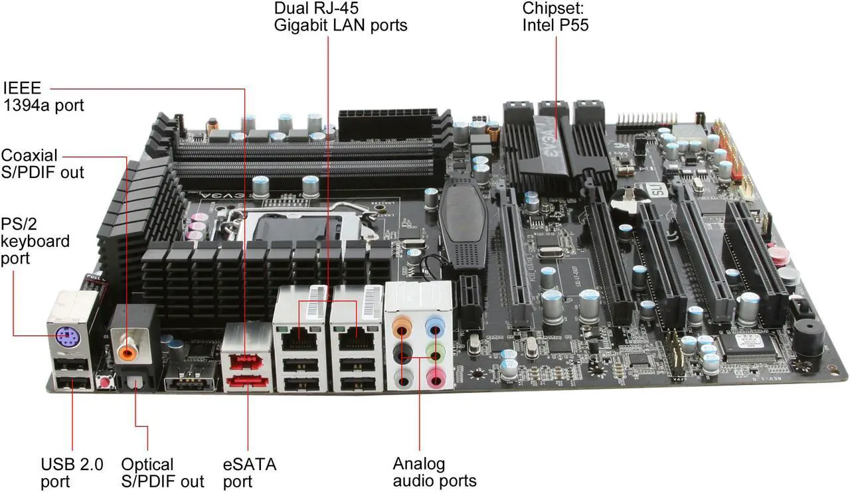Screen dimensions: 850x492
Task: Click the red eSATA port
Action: (x=248, y=381)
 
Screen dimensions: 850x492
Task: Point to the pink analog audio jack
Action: (x=436, y=377)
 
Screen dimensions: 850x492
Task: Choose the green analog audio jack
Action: (x=435, y=353)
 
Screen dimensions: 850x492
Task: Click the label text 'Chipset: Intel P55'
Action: (x=555, y=17)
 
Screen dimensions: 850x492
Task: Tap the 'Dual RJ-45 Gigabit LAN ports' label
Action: (x=341, y=17)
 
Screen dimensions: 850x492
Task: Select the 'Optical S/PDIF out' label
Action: (x=163, y=473)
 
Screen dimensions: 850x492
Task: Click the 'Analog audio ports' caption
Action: (x=434, y=472)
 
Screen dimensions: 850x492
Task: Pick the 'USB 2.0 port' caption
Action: (x=72, y=473)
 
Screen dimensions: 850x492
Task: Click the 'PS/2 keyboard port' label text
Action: (x=35, y=241)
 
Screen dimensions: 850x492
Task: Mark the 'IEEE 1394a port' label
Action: (x=43, y=96)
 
